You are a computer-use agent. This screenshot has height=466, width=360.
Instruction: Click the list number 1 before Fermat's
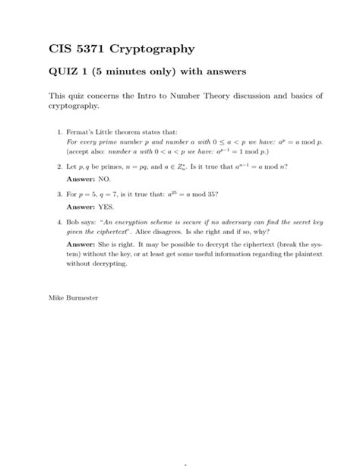tap(59, 133)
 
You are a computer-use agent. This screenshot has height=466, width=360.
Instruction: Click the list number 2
tap(59, 165)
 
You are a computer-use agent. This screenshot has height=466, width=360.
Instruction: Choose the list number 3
tap(59, 194)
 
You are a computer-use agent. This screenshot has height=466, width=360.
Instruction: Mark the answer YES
tap(106, 205)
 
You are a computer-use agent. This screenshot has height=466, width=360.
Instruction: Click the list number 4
tap(59, 223)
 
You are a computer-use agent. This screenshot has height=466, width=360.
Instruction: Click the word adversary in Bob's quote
tap(222, 223)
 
